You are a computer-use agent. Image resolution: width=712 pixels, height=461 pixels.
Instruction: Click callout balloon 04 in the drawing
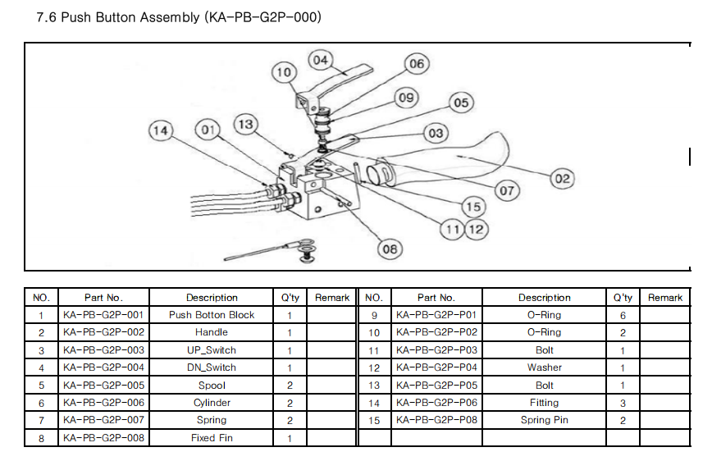point(320,60)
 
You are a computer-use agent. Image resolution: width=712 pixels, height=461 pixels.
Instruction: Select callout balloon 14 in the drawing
point(162,130)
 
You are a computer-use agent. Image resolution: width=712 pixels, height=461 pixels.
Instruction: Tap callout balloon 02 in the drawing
point(562,177)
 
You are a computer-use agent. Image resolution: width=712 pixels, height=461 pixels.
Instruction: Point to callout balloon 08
point(390,248)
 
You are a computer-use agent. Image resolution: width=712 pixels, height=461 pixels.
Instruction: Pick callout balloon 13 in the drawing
point(245,124)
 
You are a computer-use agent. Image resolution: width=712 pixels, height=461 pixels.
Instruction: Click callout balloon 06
point(417,64)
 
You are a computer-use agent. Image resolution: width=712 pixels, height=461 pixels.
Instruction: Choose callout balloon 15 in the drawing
point(473,207)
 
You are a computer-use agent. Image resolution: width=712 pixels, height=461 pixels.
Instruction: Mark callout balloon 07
point(507,190)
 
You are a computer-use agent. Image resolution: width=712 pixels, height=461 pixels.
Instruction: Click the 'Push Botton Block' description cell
point(212,315)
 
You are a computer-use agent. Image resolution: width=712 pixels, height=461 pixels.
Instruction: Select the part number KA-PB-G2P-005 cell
point(103,386)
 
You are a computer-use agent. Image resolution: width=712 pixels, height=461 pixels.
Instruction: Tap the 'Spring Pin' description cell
point(544,420)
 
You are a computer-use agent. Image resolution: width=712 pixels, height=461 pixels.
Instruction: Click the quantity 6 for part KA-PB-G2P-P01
point(623,315)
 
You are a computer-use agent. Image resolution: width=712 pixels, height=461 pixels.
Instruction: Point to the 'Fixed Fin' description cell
point(212,438)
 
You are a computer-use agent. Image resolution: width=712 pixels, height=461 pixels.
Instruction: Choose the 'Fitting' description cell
point(544,403)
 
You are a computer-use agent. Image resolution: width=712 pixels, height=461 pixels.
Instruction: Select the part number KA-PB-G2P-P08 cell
point(436,420)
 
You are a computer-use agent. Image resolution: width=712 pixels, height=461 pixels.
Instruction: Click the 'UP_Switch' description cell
point(212,350)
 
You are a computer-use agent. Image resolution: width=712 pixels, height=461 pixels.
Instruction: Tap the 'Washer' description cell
point(544,367)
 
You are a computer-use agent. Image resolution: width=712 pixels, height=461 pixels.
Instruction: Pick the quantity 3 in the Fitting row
point(623,403)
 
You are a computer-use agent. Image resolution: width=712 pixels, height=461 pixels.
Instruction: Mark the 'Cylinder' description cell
point(212,403)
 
